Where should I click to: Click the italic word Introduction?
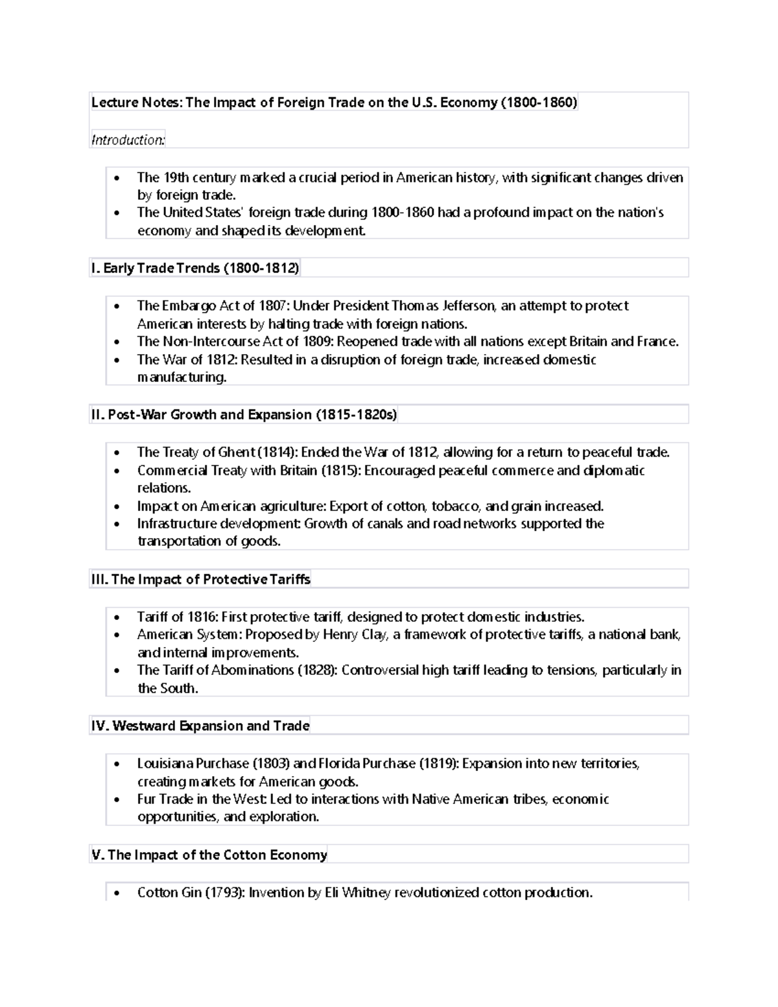(x=128, y=140)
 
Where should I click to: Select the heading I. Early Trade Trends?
(x=194, y=268)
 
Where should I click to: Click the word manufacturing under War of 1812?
(x=182, y=377)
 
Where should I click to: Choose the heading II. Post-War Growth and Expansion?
(x=243, y=415)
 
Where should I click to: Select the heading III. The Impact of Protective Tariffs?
(x=201, y=580)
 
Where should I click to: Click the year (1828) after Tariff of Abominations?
(x=317, y=670)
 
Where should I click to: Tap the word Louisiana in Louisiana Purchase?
(x=165, y=764)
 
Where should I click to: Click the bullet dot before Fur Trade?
(x=116, y=800)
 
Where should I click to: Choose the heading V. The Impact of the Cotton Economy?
(x=209, y=855)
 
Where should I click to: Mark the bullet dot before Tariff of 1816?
(x=116, y=618)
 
